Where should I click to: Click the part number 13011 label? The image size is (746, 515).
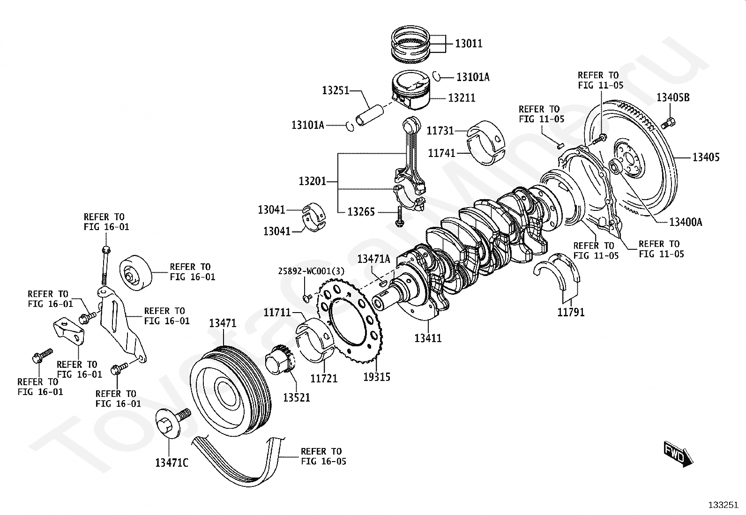tap(469, 43)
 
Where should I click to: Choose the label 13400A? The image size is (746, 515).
tap(686, 222)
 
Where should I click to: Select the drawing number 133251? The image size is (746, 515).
tap(724, 505)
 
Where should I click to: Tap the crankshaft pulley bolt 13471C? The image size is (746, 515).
tap(173, 422)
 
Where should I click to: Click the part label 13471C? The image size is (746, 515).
tap(172, 463)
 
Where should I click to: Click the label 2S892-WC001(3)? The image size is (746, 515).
tap(312, 271)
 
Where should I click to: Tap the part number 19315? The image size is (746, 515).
tap(377, 377)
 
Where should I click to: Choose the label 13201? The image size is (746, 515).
tap(313, 181)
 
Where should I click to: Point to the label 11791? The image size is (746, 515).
tap(571, 312)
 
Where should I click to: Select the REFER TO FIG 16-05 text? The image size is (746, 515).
tap(323, 456)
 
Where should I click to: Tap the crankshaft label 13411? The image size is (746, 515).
tap(428, 338)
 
